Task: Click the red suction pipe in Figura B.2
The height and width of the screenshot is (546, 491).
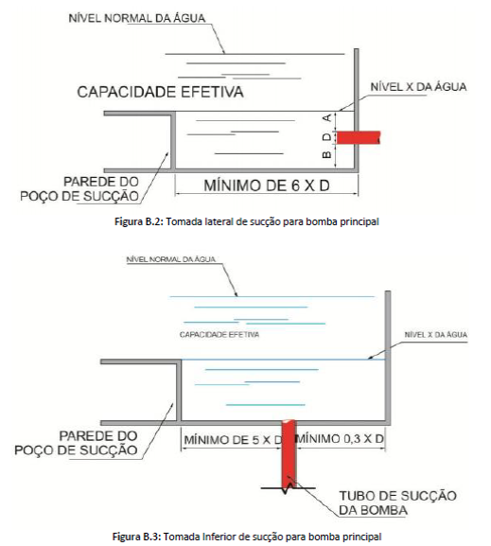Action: point(359,137)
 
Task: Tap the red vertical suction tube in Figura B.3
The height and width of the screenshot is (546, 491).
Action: point(289,453)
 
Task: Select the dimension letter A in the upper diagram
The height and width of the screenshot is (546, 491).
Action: point(327,118)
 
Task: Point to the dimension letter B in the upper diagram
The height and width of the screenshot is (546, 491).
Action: point(326,154)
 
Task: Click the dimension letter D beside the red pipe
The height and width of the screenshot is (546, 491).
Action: point(326,137)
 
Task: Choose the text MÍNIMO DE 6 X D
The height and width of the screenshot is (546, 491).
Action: point(267,185)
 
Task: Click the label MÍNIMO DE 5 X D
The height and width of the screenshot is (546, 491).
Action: point(233,440)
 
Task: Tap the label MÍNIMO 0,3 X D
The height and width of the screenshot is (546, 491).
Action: point(340,438)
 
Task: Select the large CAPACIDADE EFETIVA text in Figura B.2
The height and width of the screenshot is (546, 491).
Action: point(160,92)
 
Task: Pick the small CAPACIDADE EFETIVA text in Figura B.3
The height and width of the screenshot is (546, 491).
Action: point(219,335)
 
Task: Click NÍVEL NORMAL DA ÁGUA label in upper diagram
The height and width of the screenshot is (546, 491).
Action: point(137,18)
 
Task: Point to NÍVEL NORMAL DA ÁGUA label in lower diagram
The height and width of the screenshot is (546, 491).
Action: point(171,259)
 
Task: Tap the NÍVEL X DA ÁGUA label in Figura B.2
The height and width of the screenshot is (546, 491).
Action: point(418,87)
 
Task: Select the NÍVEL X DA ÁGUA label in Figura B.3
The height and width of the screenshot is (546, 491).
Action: point(436,335)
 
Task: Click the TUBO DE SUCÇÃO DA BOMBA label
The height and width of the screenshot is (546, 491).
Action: point(397,502)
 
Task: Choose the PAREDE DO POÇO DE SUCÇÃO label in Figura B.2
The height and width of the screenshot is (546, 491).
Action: point(79,188)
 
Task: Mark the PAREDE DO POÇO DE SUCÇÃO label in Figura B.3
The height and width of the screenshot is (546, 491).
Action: point(76,443)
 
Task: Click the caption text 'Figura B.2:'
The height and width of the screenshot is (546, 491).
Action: point(139,221)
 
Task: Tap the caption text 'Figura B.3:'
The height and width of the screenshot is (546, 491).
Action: point(136,537)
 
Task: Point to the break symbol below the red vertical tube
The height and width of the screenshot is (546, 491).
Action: point(289,488)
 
